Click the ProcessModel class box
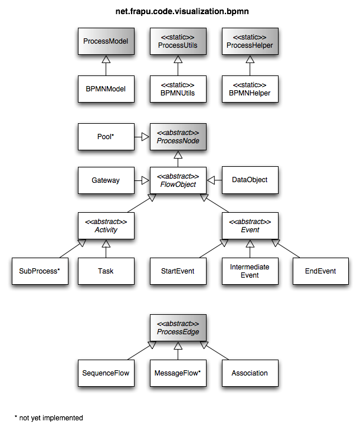click(106, 42)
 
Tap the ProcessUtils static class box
click(178, 42)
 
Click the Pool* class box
click(106, 137)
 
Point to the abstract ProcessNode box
click(178, 137)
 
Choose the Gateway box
click(106, 180)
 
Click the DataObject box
click(250, 180)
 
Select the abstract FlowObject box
click(178, 180)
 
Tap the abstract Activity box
click(106, 225)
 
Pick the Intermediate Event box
click(250, 271)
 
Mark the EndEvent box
click(322, 271)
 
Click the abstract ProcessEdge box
click(178, 328)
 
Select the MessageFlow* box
click(178, 373)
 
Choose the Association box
click(250, 373)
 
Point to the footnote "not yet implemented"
click(50, 418)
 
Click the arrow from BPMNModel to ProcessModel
click(106, 66)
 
